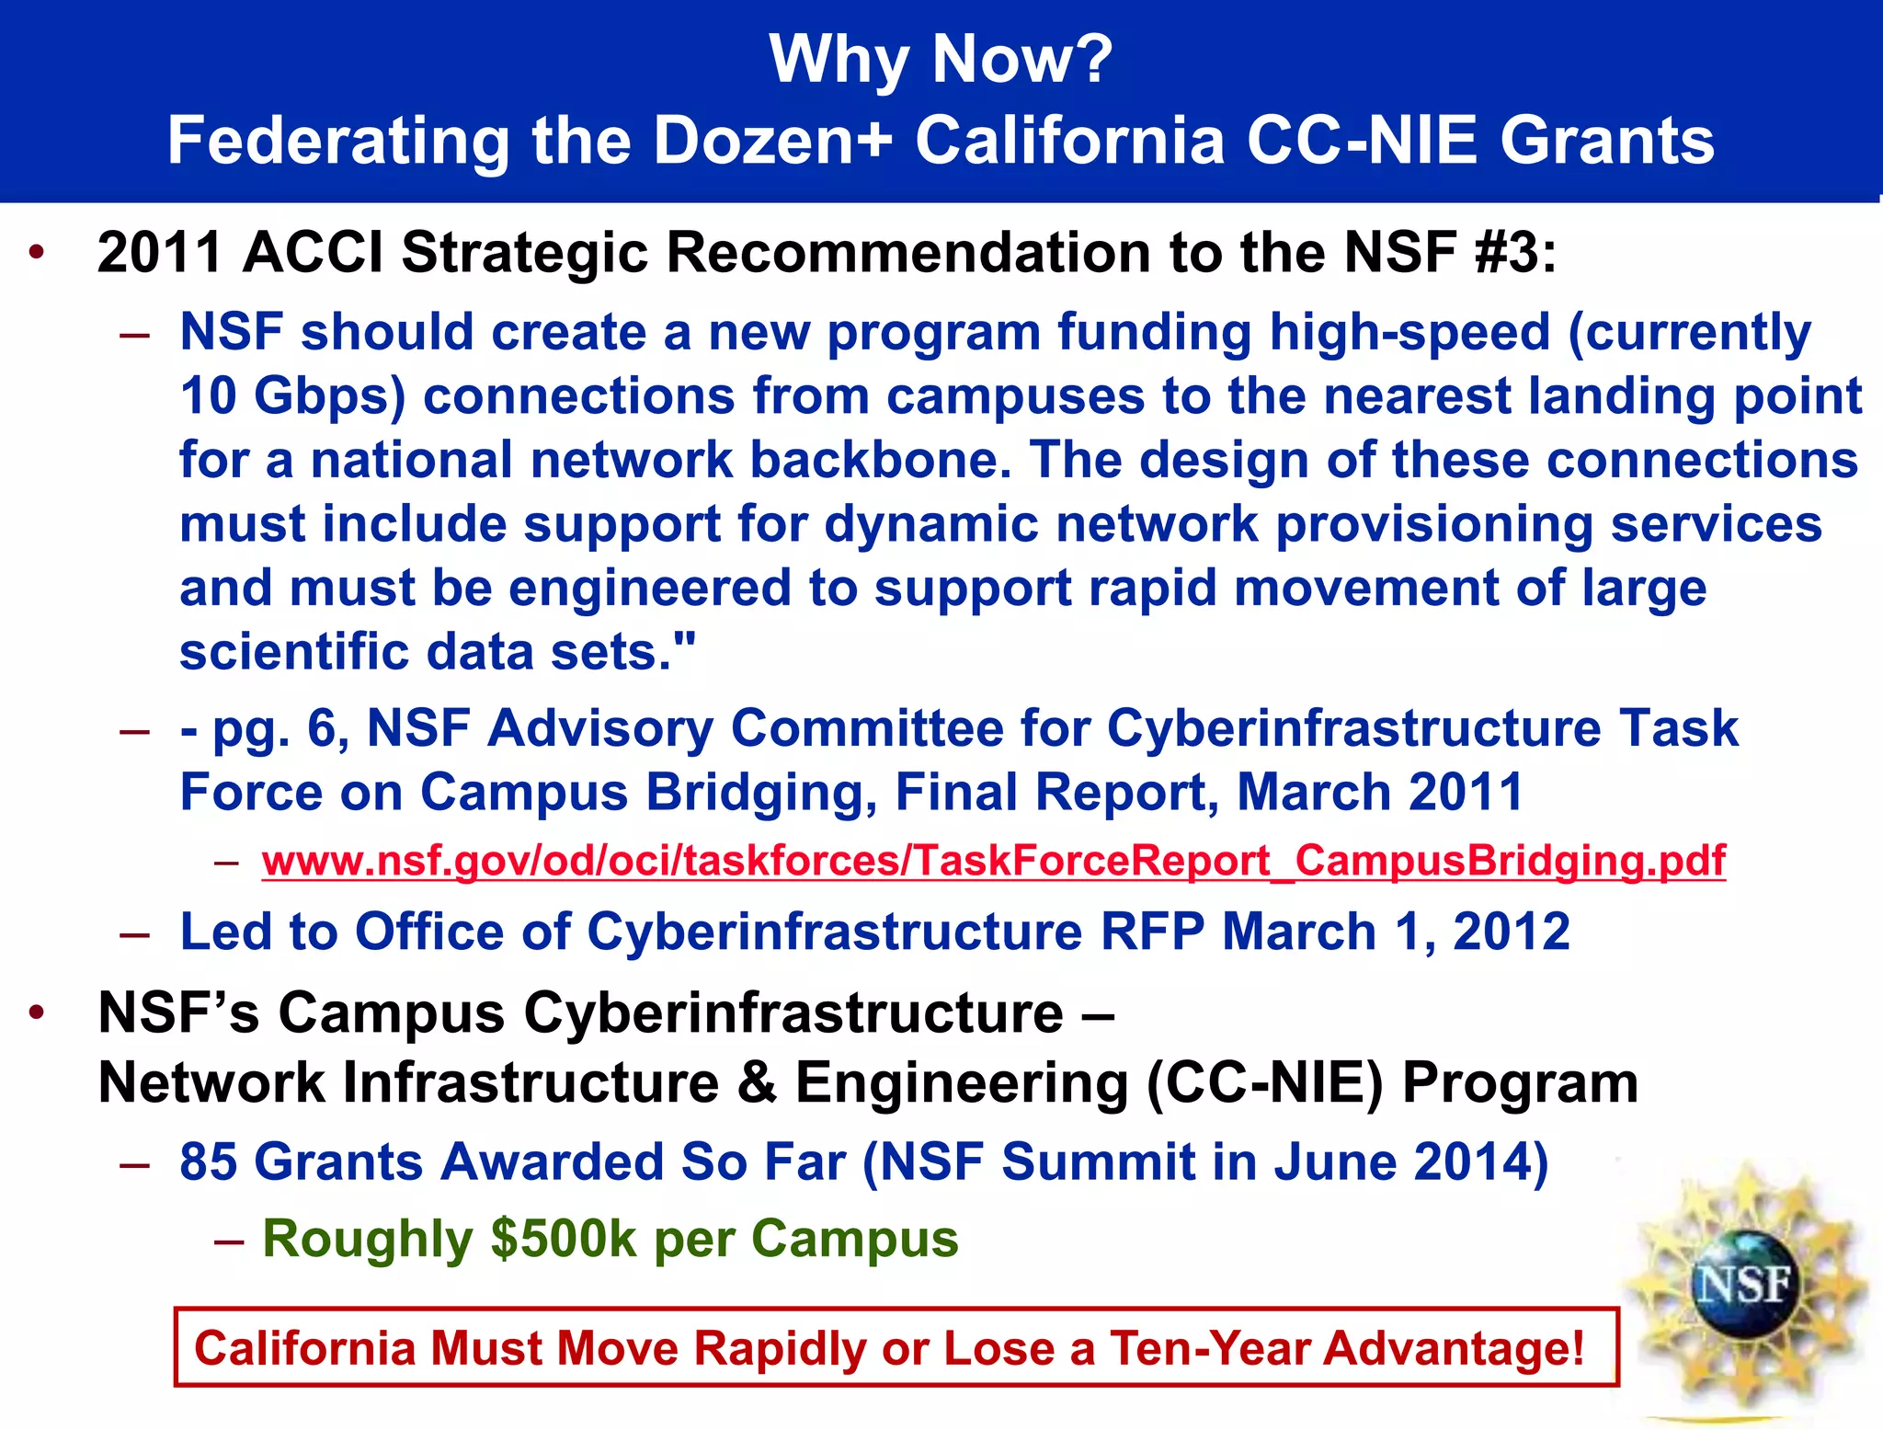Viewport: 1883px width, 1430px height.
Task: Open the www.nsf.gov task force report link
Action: (x=993, y=862)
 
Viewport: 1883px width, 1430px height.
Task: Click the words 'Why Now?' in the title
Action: (x=941, y=59)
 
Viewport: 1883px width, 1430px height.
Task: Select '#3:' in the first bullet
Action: (x=1515, y=252)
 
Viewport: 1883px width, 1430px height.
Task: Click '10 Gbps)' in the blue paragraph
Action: (x=292, y=395)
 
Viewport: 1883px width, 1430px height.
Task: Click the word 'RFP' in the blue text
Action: (x=1152, y=932)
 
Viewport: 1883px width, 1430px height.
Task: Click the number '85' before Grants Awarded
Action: (x=209, y=1161)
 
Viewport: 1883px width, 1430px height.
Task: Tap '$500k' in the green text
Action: (x=563, y=1238)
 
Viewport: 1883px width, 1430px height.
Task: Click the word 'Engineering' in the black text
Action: (x=961, y=1082)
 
